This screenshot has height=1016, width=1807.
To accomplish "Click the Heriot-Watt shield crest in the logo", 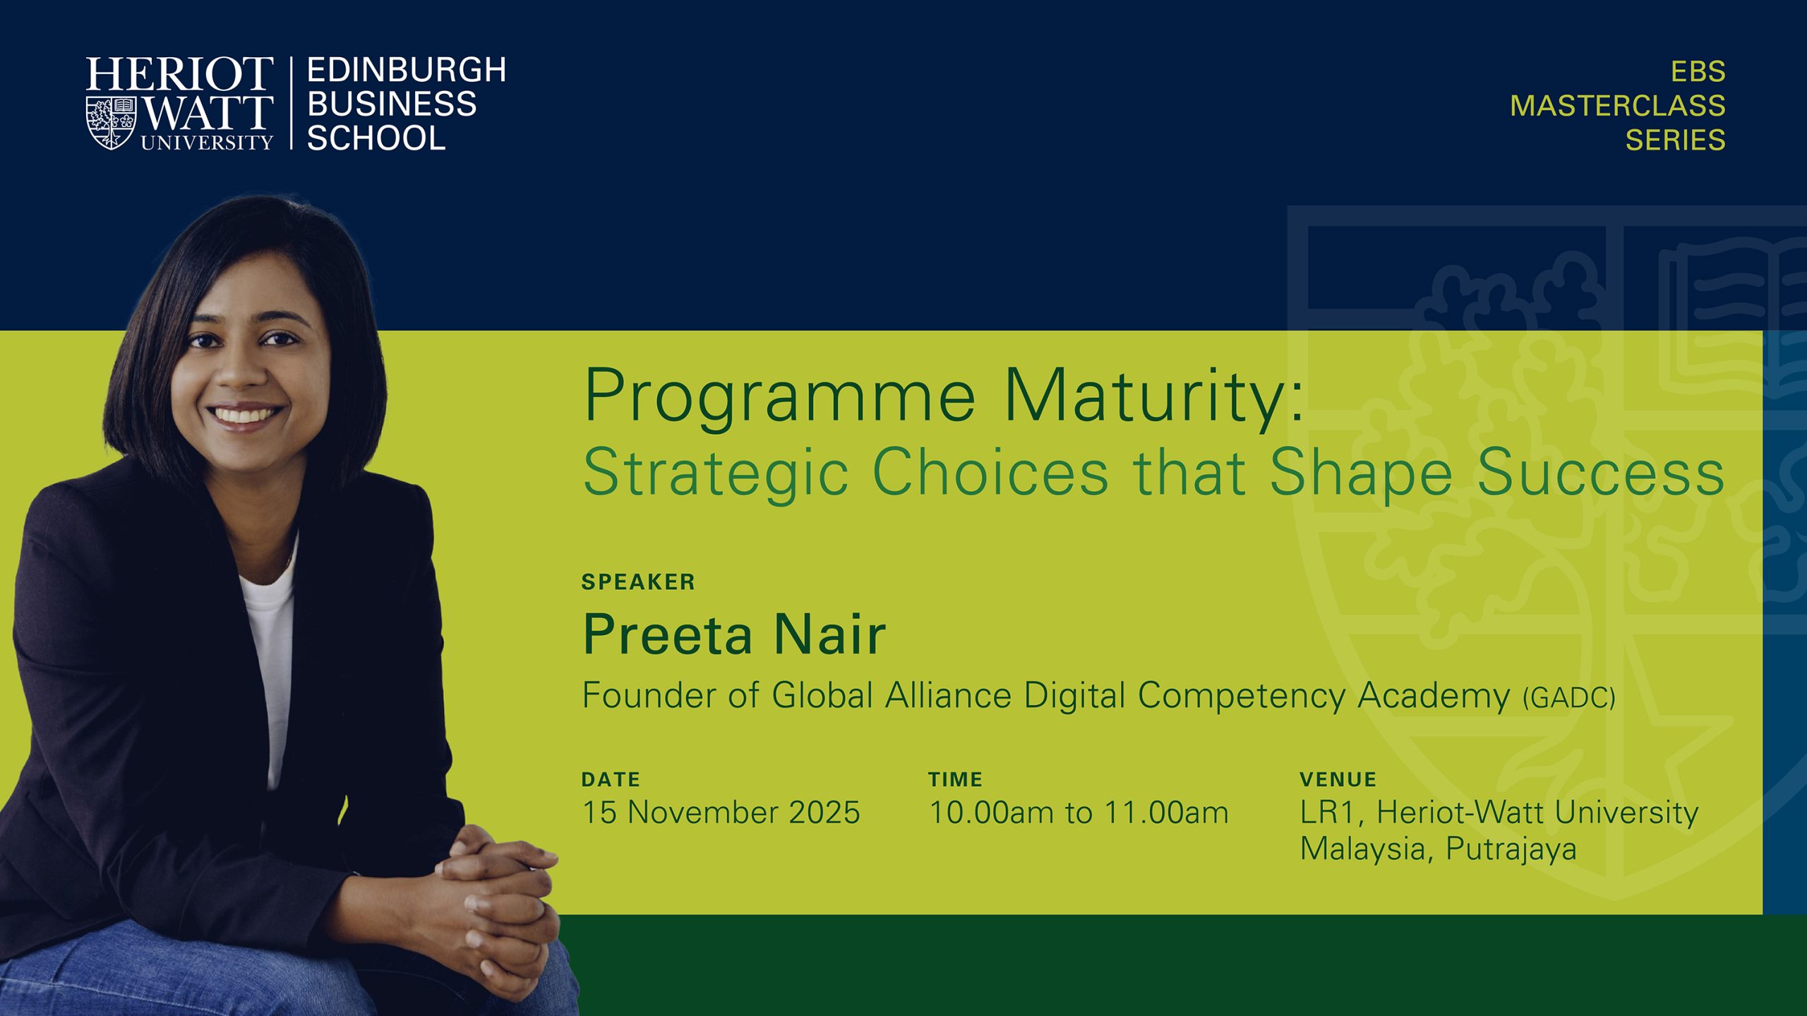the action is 111,123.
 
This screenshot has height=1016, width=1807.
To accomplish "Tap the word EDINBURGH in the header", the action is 407,70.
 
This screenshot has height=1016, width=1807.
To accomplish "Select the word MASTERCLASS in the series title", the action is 1617,106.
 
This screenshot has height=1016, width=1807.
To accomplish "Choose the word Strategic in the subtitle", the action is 715,473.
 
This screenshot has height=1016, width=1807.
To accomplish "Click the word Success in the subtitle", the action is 1601,472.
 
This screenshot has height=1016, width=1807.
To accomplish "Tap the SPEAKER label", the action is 638,582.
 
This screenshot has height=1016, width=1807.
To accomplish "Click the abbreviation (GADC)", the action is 1568,698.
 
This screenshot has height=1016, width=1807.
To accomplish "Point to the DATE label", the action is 611,780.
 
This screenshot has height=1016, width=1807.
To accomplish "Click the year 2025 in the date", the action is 824,812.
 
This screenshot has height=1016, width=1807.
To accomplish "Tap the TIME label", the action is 955,780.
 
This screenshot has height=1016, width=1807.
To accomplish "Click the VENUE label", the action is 1338,780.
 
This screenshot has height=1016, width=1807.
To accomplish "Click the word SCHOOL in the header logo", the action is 376,138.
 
